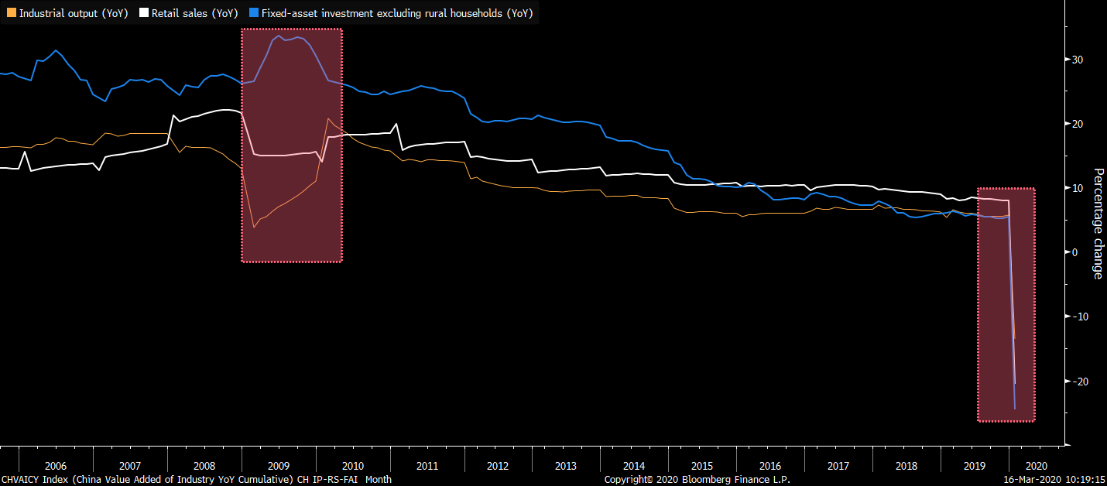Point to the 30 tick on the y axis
pos(1077,60)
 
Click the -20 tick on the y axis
pos(1075,381)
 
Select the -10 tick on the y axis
pos(1075,317)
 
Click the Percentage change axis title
pos(1098,223)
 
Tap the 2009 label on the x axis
pos(278,466)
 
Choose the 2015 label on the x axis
pos(702,466)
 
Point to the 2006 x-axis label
pos(56,466)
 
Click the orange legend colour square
pos(11,13)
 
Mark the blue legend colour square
pos(254,13)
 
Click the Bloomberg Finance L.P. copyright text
pos(697,480)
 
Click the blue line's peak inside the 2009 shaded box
pos(279,36)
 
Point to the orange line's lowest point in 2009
pos(254,228)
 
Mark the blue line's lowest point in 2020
pos(1014,409)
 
